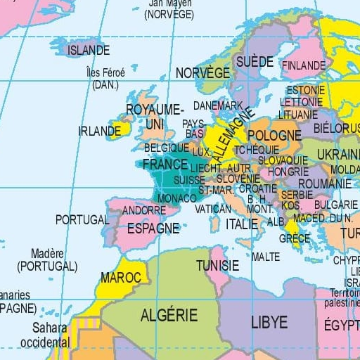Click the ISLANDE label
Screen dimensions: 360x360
pyautogui.click(x=89, y=51)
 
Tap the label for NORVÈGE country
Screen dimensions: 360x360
pyautogui.click(x=202, y=73)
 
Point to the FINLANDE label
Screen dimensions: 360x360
pyautogui.click(x=304, y=65)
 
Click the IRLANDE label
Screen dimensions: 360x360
pyautogui.click(x=99, y=131)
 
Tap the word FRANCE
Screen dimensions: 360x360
pyautogui.click(x=165, y=164)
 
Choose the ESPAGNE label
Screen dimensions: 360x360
pyautogui.click(x=153, y=228)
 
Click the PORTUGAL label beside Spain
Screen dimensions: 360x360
pyautogui.click(x=82, y=219)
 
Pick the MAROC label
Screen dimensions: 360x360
pyautogui.click(x=121, y=277)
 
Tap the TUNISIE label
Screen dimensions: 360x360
pyautogui.click(x=217, y=265)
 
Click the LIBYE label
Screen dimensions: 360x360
pyautogui.click(x=269, y=322)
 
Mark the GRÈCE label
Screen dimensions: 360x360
pyautogui.click(x=294, y=238)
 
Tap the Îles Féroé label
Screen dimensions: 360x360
pyautogui.click(x=105, y=78)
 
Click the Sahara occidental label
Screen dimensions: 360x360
pyautogui.click(x=50, y=335)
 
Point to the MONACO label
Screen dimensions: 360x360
pyautogui.click(x=173, y=199)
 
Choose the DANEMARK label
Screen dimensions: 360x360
pyautogui.click(x=217, y=105)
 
